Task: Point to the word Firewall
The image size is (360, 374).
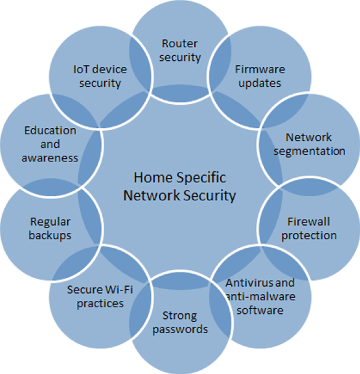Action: (309, 221)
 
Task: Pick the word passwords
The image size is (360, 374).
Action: (180, 330)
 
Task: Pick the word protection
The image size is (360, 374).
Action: (309, 235)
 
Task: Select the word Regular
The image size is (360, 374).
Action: (50, 221)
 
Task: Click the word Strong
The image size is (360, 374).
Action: (180, 316)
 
